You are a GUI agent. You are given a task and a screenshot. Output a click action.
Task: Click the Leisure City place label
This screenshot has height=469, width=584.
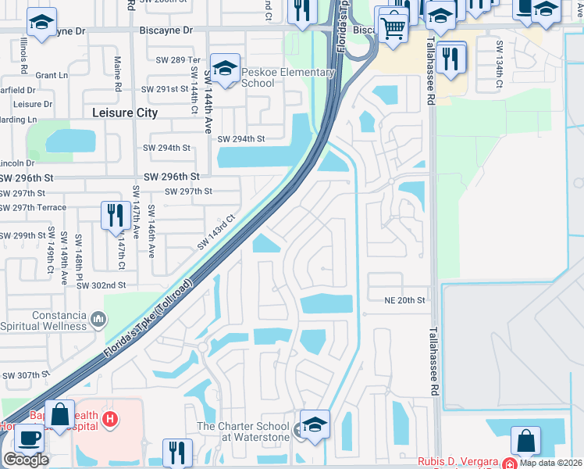coord(125,113)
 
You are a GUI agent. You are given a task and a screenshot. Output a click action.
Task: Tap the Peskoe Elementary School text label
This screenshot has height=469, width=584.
coord(288,78)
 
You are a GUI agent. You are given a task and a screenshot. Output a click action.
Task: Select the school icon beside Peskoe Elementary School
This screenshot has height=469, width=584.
coord(225,69)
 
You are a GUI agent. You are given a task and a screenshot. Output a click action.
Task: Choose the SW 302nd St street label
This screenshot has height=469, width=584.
coord(101,286)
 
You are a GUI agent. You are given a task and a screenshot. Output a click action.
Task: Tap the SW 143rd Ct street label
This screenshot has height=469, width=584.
coord(217,233)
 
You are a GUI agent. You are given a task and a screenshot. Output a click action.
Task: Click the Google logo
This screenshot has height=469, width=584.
coord(26,460)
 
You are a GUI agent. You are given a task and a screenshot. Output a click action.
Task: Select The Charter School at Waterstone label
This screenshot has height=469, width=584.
coord(243,431)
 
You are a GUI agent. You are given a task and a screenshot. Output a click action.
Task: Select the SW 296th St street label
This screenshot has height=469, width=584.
coord(171,177)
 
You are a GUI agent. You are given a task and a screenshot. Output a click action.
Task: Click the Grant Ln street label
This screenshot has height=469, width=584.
coord(52,76)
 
